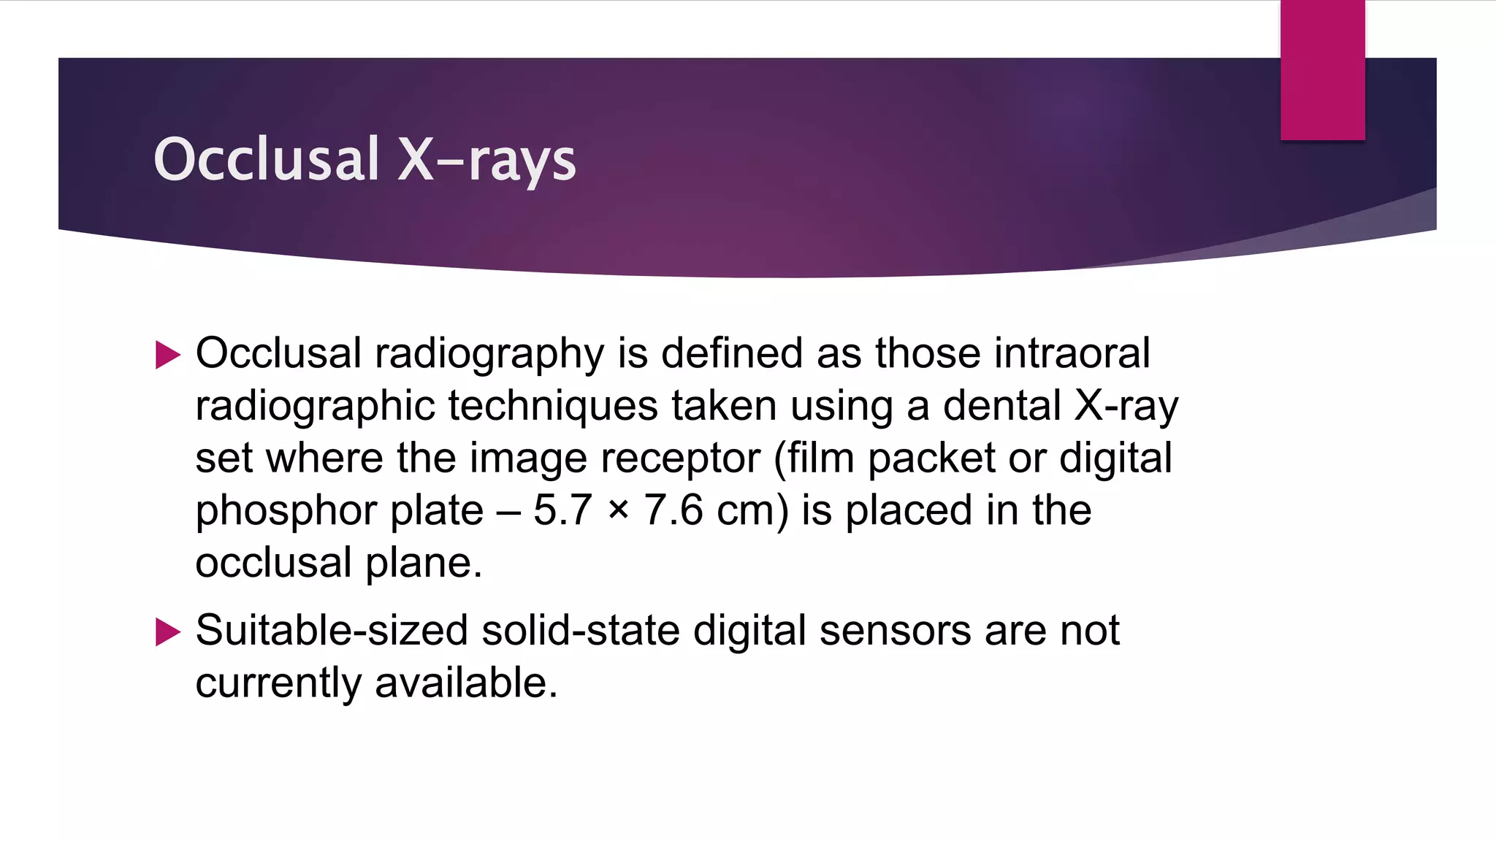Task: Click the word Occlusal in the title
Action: (x=267, y=159)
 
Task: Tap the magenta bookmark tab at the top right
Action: (x=1322, y=70)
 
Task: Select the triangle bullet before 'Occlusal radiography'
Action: (x=168, y=356)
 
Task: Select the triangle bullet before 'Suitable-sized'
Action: (x=168, y=632)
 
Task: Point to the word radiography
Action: (x=489, y=355)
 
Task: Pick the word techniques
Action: (x=552, y=406)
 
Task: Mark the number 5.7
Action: (x=562, y=510)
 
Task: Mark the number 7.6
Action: (x=673, y=510)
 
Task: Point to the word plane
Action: (x=423, y=563)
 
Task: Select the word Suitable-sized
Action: (x=332, y=631)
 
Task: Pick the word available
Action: (x=466, y=683)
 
